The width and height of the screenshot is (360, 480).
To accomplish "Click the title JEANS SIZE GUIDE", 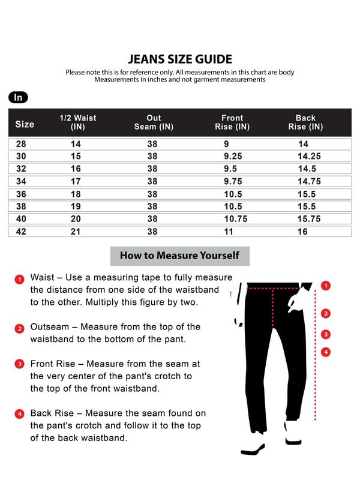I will click(x=180, y=59).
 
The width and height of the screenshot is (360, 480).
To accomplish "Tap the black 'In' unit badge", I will click(x=18, y=98).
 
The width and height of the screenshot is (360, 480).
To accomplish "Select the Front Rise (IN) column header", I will click(x=232, y=122).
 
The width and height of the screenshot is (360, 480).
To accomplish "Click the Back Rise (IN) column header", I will click(x=305, y=122).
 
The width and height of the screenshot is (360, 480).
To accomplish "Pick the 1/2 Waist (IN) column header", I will click(x=78, y=122).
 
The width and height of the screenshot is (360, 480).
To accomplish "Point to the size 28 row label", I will click(x=22, y=144).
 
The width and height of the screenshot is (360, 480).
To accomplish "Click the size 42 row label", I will click(x=22, y=232).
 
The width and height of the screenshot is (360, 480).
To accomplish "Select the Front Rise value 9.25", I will click(x=233, y=157).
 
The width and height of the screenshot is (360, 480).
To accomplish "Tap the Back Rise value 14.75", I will click(x=310, y=182).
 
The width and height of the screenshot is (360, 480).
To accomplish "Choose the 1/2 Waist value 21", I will click(x=76, y=232).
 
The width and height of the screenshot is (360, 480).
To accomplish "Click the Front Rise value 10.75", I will click(x=235, y=219).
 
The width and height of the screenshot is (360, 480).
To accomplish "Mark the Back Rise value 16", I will click(x=302, y=232).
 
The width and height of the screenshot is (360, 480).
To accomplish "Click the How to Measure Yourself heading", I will click(x=179, y=256).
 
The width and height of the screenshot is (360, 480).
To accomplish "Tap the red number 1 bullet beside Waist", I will click(x=19, y=279).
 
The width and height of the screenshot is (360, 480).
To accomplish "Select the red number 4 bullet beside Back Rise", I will click(x=19, y=414).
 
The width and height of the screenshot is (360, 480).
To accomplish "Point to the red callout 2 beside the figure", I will click(x=326, y=313).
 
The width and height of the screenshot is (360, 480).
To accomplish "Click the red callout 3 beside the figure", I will click(x=326, y=334).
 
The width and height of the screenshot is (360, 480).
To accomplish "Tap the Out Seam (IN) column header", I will click(x=154, y=122).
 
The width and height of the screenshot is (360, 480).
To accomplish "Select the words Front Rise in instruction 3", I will click(x=53, y=364).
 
